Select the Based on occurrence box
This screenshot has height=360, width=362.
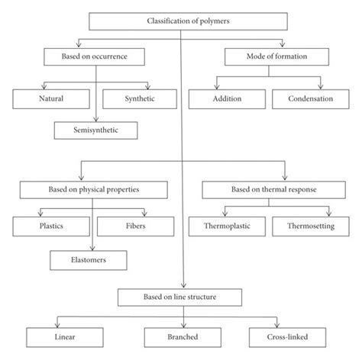95,56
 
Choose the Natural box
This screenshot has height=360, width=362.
51,98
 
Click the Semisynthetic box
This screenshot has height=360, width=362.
95,131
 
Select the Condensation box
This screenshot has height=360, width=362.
312,98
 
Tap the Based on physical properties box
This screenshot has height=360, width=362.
95,188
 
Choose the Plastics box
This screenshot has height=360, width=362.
51,227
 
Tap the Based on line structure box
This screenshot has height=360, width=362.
181,296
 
